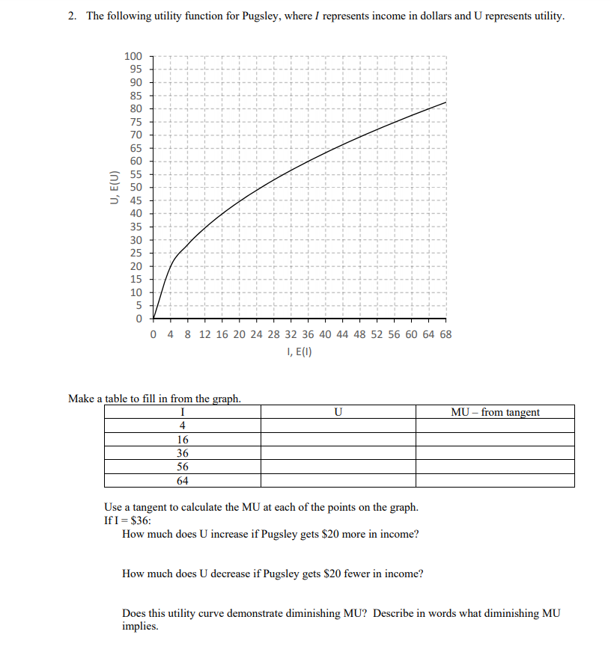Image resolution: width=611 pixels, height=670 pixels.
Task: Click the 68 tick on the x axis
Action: click(x=446, y=334)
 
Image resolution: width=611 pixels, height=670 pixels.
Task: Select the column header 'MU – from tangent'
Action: click(x=495, y=412)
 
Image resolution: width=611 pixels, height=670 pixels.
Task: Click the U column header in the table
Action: click(x=338, y=412)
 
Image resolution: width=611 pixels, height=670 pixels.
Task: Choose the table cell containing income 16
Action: click(x=183, y=440)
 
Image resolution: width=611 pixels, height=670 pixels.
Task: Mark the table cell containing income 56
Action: click(x=183, y=467)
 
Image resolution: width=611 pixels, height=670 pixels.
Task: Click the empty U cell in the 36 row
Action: click(x=338, y=453)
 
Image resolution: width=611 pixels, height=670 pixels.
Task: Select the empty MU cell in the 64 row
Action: click(x=495, y=480)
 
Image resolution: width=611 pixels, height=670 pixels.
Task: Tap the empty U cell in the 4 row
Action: click(x=338, y=425)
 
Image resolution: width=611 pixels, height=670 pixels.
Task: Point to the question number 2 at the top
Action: click(x=71, y=16)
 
